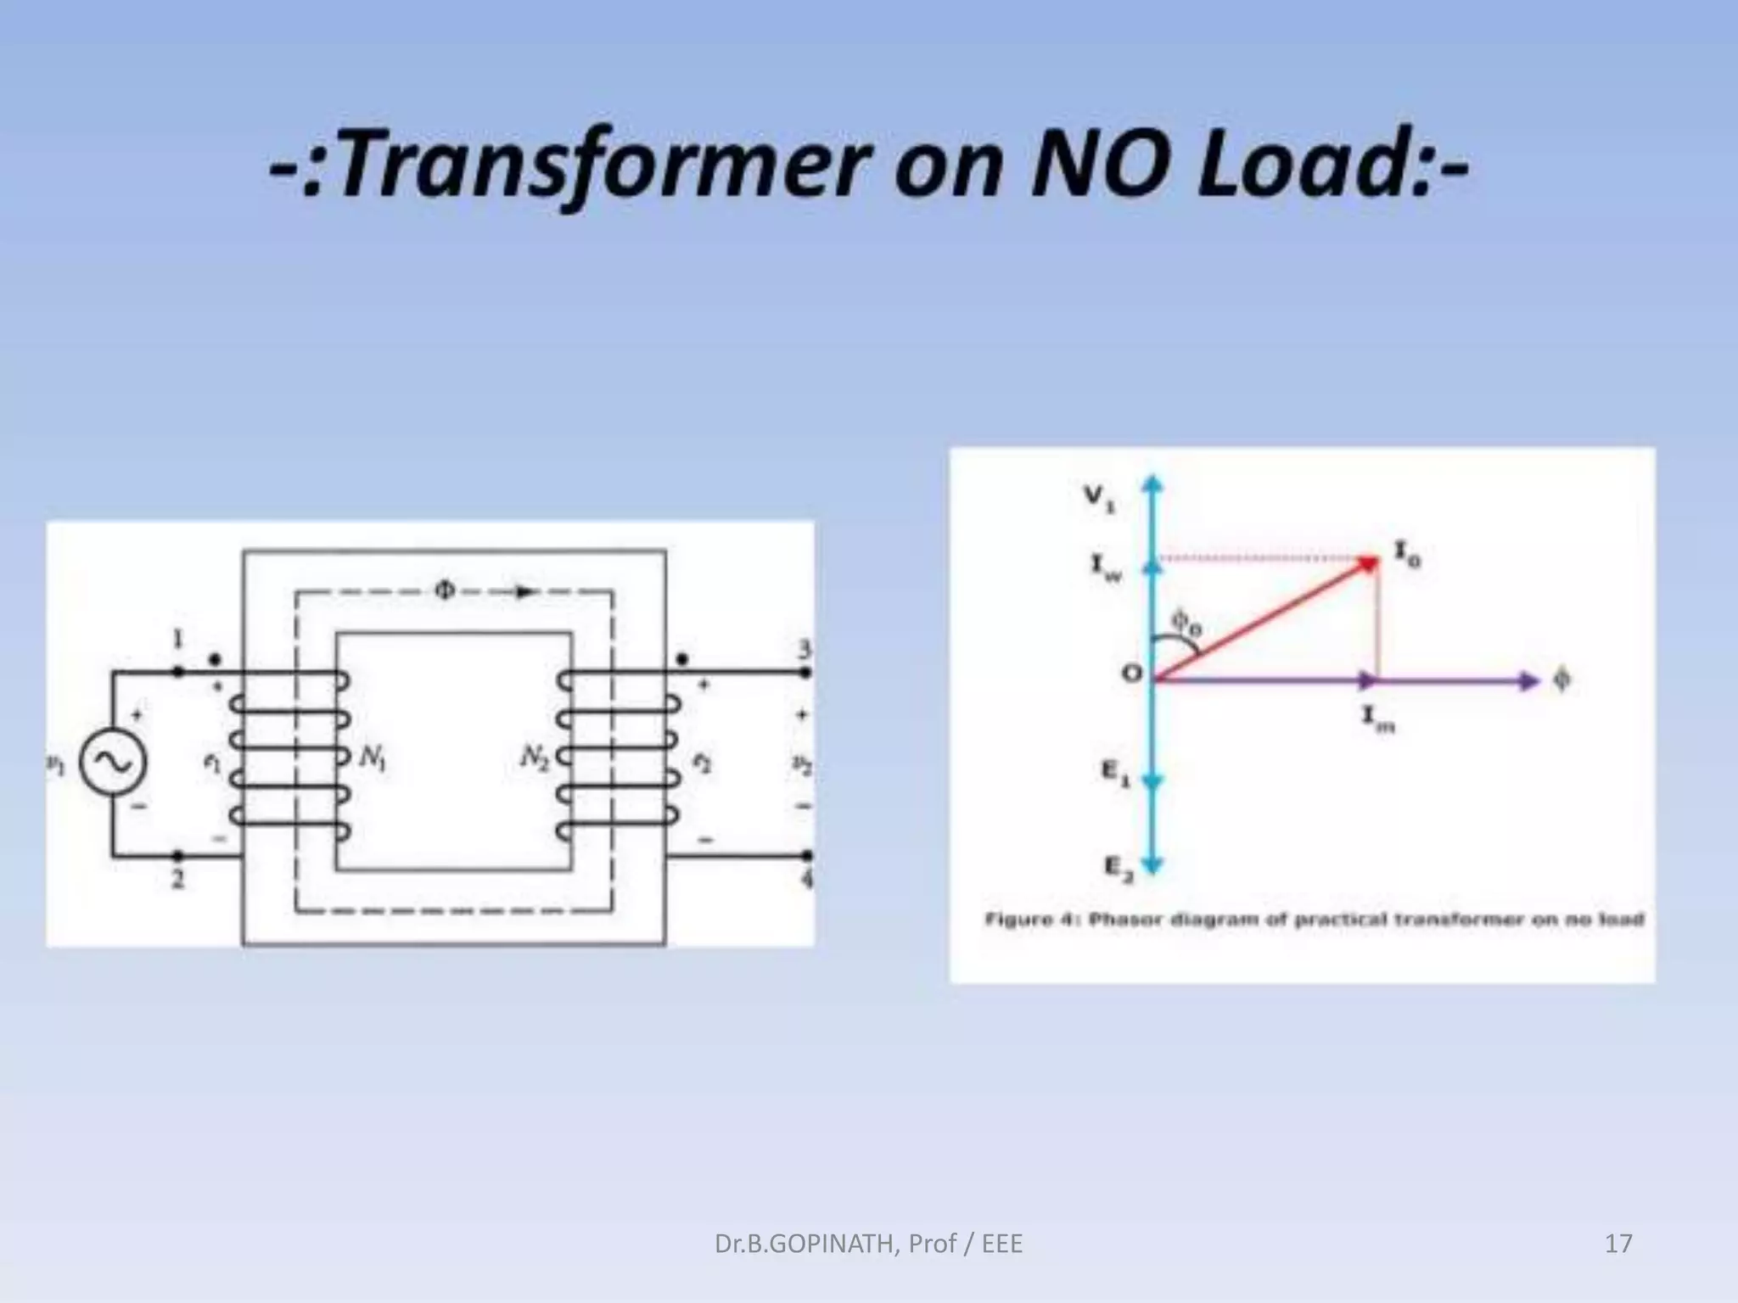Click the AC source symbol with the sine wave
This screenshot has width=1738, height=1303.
(113, 762)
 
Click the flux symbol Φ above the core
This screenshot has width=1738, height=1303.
(445, 590)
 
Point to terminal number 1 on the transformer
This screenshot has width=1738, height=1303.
(177, 640)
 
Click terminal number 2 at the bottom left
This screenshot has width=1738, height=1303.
(177, 880)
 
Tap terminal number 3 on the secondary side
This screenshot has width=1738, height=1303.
(804, 651)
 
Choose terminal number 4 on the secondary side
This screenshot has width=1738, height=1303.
(806, 880)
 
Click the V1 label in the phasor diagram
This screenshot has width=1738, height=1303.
(1100, 499)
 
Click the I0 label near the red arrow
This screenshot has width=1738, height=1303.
(1408, 554)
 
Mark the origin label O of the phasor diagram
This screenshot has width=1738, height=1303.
(1132, 674)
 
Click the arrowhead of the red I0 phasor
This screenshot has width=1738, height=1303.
(1368, 563)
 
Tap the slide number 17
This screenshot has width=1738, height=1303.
(1618, 1244)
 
